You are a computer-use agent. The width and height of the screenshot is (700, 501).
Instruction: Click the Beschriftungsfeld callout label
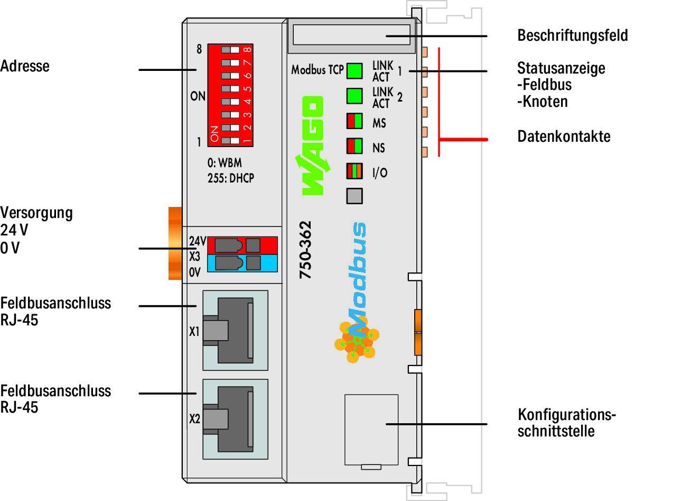(x=572, y=36)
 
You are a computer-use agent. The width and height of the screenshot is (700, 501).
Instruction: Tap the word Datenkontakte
(x=563, y=136)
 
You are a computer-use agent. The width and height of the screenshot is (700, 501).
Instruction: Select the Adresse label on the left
(x=25, y=66)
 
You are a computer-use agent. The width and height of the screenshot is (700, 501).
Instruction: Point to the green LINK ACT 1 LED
(x=354, y=70)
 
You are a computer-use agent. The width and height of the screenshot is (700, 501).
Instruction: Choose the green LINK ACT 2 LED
(x=354, y=96)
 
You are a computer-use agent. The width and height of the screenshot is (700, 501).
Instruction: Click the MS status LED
(x=354, y=121)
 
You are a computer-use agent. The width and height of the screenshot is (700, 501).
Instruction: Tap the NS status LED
(x=354, y=146)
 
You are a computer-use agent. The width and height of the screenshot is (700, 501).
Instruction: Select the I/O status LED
(x=354, y=171)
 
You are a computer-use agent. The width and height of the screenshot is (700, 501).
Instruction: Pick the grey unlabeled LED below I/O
(x=354, y=196)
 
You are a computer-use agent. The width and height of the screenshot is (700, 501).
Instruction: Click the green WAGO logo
(x=313, y=145)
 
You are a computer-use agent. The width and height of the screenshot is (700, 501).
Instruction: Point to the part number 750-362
(x=305, y=250)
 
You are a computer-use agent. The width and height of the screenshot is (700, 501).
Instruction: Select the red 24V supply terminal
(x=242, y=245)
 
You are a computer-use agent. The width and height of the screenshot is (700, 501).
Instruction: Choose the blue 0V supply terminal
(x=242, y=263)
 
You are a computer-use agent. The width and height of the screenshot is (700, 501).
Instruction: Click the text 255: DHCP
(x=230, y=178)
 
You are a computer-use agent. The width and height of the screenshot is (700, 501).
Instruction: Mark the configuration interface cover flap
(x=371, y=430)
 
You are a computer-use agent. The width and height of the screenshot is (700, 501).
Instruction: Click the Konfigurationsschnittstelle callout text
(x=566, y=422)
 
